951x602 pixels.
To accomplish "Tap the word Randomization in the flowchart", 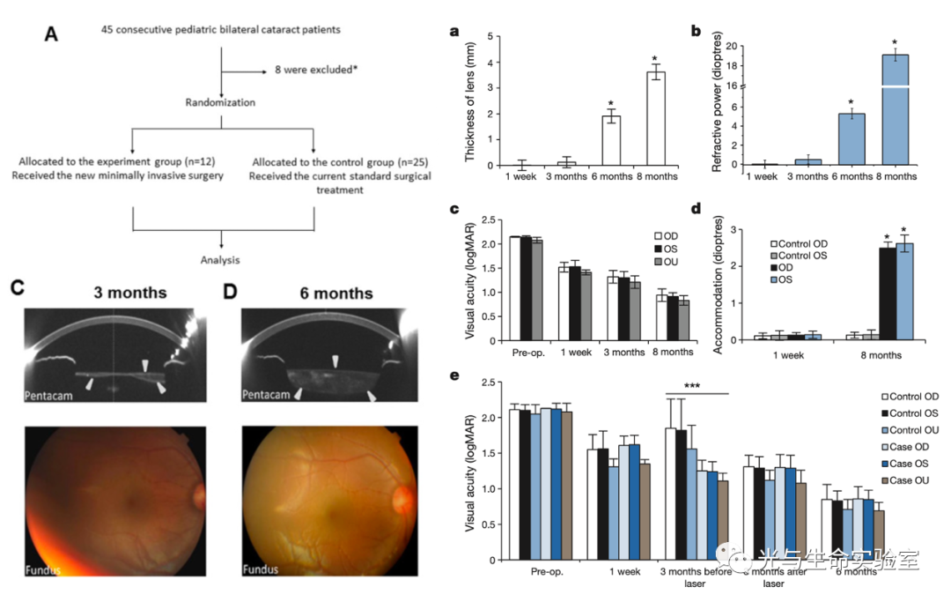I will tap(220, 102).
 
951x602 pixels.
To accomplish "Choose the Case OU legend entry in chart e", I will tap(906, 480).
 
